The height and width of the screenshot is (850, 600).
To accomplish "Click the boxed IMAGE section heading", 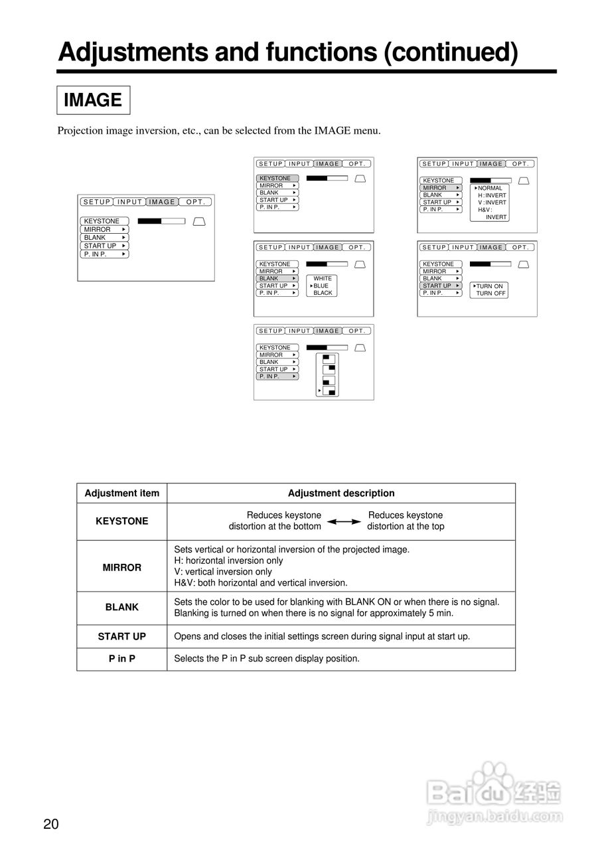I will pyautogui.click(x=93, y=100).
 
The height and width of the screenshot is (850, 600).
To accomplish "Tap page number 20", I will pyautogui.click(x=51, y=825).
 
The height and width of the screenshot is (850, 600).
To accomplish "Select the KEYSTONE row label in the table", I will pyautogui.click(x=122, y=521).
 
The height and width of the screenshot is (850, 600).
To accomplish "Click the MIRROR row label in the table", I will pyautogui.click(x=122, y=567).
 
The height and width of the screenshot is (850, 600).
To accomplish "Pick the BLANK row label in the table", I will pyautogui.click(x=122, y=607).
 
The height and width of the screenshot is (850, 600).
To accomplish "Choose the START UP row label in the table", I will pyautogui.click(x=122, y=636).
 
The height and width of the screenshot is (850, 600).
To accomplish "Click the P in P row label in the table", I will pyautogui.click(x=122, y=659).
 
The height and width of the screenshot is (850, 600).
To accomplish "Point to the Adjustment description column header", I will pyautogui.click(x=341, y=493).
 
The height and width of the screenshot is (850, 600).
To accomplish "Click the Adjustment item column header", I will pyautogui.click(x=122, y=493).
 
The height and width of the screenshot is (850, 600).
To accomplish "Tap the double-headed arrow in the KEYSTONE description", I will pyautogui.click(x=344, y=522).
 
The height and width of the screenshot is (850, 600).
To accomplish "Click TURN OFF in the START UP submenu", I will pyautogui.click(x=490, y=294).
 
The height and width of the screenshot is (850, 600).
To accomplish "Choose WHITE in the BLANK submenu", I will pyautogui.click(x=323, y=278).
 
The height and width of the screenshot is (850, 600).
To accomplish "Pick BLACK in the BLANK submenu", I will pyautogui.click(x=323, y=293).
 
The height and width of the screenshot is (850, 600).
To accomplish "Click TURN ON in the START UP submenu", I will pyautogui.click(x=489, y=286).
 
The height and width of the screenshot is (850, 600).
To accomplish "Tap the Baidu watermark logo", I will pyautogui.click(x=494, y=791).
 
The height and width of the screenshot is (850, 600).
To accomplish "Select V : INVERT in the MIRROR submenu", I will pyautogui.click(x=492, y=203).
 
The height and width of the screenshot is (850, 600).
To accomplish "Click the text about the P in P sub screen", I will pyautogui.click(x=267, y=659).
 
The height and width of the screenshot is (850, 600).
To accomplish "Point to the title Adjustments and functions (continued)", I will pyautogui.click(x=287, y=52).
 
